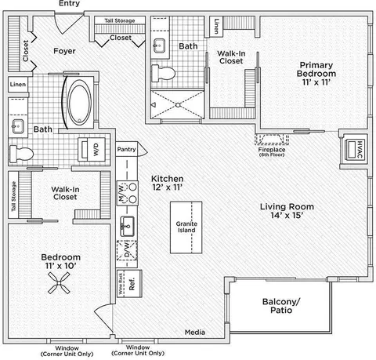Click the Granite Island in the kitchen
(x=186, y=227)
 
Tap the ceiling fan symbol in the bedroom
(x=59, y=283)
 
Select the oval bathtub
(x=79, y=102)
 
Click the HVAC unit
(x=355, y=150)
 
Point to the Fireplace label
(x=272, y=150)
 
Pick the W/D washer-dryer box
(x=92, y=149)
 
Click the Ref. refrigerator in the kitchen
(x=132, y=284)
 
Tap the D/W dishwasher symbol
(x=127, y=250)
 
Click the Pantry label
(x=126, y=149)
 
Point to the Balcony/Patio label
(x=281, y=306)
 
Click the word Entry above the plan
(x=69, y=3)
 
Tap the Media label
(x=195, y=333)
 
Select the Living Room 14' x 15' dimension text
(x=287, y=215)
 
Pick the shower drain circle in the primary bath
(x=178, y=105)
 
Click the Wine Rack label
(x=121, y=283)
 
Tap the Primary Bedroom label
(x=316, y=69)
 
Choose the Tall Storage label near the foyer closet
(x=120, y=20)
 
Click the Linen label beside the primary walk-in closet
(x=216, y=26)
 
